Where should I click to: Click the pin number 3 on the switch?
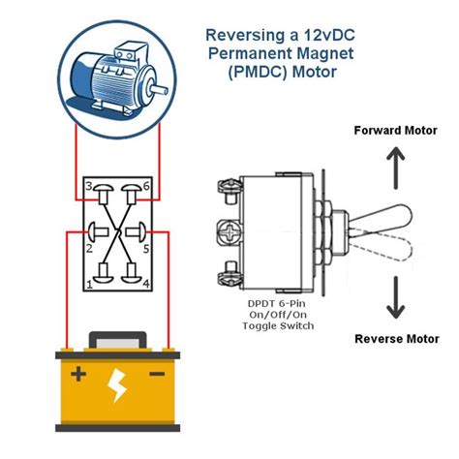click(88, 185)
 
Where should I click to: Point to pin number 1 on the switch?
click(88, 284)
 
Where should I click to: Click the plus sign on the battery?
click(77, 374)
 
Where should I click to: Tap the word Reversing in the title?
click(245, 34)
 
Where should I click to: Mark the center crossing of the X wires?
click(115, 232)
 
